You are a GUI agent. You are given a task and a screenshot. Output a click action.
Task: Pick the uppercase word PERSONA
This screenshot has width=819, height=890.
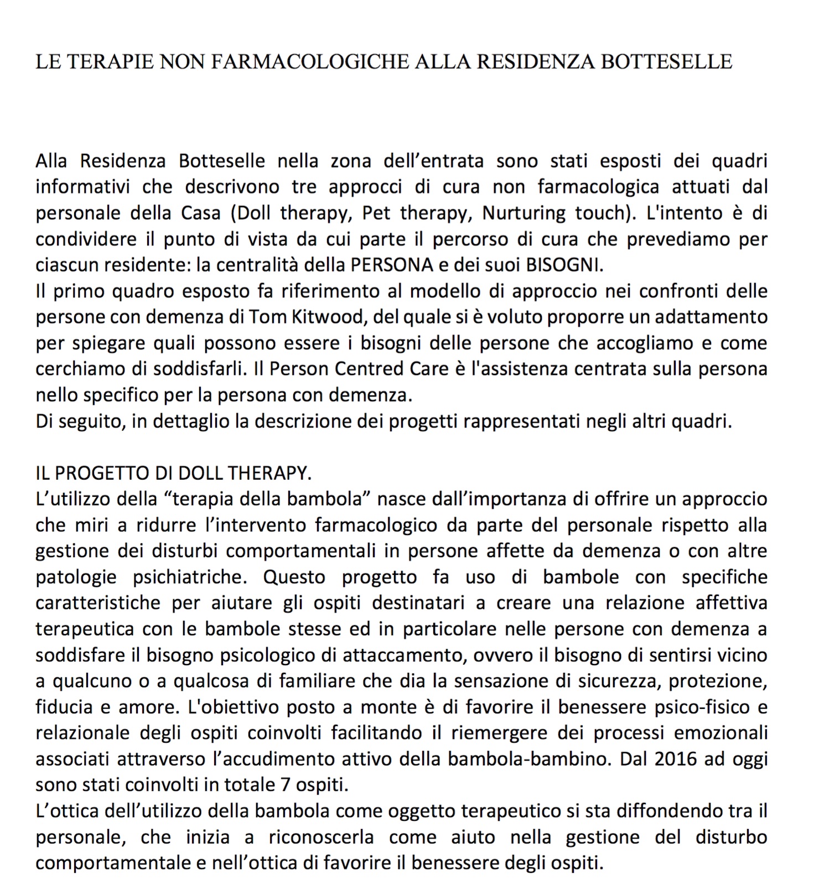(x=392, y=265)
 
